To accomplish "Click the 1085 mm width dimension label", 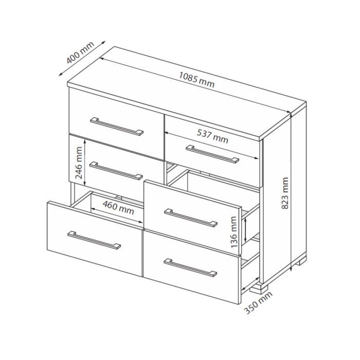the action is (196, 80).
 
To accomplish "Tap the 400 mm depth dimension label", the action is (80, 52).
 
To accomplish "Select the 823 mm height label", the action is (285, 193).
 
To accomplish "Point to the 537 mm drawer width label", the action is (212, 136).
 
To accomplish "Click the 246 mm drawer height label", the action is (79, 163).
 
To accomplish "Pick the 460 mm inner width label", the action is (118, 207).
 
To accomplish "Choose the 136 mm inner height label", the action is (233, 232).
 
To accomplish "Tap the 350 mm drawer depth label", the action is (258, 302).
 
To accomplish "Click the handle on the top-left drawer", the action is (117, 127).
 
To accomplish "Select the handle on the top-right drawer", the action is (212, 154).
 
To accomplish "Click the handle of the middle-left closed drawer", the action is (116, 170).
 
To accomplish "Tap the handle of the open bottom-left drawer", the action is (94, 240).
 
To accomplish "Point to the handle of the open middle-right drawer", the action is (191, 218).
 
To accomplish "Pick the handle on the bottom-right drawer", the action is (190, 268).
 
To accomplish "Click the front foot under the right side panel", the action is (259, 289).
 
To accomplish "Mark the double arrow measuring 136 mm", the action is (246, 230).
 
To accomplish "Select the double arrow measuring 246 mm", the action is (85, 163).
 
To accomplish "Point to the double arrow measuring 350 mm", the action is (250, 284).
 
